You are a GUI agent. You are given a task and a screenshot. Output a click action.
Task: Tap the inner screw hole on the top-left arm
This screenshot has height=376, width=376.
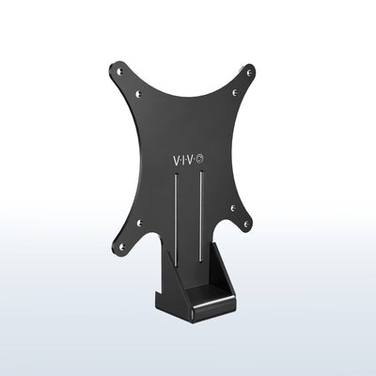[139, 93]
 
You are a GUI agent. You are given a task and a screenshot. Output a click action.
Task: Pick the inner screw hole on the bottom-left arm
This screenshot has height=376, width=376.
[139, 223]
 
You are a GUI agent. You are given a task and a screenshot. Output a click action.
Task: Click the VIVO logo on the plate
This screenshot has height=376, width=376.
[186, 162]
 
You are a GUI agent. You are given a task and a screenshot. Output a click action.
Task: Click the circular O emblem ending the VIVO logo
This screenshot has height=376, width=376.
[204, 162]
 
